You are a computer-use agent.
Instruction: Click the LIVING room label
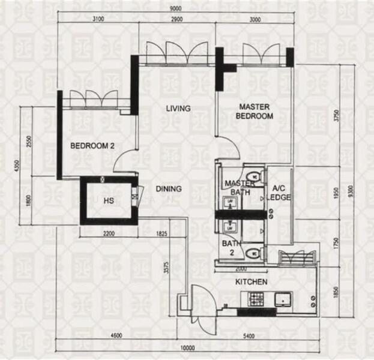click(x=178, y=109)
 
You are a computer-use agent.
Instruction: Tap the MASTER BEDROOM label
click(x=255, y=112)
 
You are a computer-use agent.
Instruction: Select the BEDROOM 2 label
click(x=92, y=146)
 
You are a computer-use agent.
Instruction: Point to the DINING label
click(x=169, y=189)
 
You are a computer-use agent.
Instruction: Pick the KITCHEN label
click(x=252, y=281)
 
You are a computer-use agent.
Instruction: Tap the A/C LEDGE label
click(x=278, y=192)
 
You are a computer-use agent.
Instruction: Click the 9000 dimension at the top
click(x=175, y=9)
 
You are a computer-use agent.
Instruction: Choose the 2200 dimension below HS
click(x=108, y=233)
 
